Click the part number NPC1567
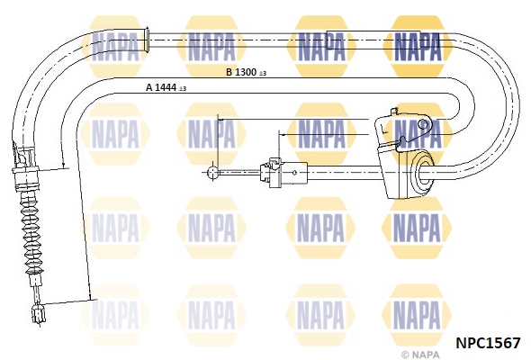pyautogui.click(x=488, y=343)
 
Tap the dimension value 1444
pyautogui.click(x=166, y=87)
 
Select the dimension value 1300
pyautogui.click(x=246, y=72)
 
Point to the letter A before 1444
pyautogui.click(x=149, y=87)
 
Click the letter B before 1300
pyautogui.click(x=229, y=72)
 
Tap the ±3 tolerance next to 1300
pyautogui.click(x=263, y=73)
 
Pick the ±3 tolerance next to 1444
pyautogui.click(x=183, y=88)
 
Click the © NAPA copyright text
pyautogui.click(x=420, y=355)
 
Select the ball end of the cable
pyautogui.click(x=212, y=172)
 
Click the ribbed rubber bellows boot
pyautogui.click(x=31, y=234)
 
